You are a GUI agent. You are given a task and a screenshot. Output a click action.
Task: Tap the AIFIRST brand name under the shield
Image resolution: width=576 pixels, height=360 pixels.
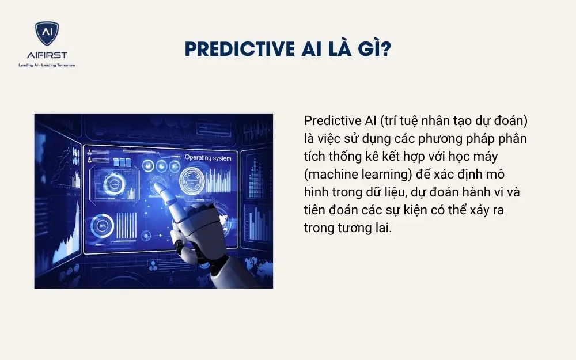tap(47, 55)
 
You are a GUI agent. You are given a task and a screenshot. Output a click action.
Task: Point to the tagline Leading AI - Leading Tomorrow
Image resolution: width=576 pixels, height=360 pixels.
tap(47, 65)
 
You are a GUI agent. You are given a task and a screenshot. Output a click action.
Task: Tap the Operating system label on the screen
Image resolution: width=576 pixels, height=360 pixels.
tap(208, 157)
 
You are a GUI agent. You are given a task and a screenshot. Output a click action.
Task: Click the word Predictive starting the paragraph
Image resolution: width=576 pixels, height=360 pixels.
tap(329, 122)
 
